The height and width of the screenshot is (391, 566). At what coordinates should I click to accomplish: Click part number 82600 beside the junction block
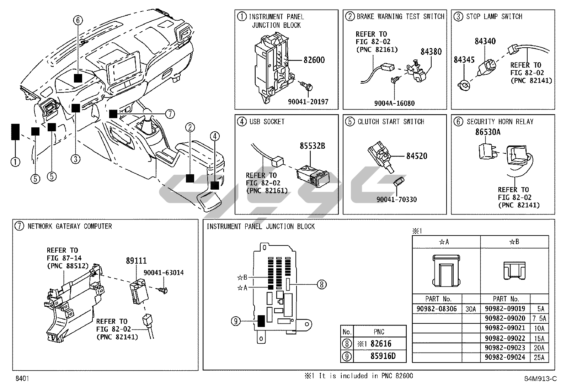click(x=314, y=60)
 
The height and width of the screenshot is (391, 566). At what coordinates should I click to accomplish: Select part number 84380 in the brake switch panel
click(x=431, y=52)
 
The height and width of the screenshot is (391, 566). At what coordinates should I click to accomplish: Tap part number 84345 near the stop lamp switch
click(x=464, y=60)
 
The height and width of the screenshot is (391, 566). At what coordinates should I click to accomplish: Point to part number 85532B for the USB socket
click(x=312, y=146)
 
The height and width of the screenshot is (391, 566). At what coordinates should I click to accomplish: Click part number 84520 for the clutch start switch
click(x=417, y=156)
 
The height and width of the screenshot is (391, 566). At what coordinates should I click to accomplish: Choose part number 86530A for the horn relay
click(x=488, y=132)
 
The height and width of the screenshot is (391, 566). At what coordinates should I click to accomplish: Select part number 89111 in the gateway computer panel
click(x=136, y=261)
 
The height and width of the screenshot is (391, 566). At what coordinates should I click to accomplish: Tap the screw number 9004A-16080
click(x=394, y=104)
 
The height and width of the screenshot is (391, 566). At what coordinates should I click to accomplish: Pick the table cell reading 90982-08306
click(x=437, y=309)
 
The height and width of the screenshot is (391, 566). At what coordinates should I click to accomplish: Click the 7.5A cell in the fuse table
click(x=539, y=318)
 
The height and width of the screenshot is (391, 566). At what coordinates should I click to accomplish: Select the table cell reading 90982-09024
click(x=505, y=357)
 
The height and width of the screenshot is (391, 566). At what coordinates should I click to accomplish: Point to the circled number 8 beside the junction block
click(x=321, y=284)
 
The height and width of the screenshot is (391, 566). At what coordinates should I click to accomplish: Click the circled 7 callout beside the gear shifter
click(x=170, y=114)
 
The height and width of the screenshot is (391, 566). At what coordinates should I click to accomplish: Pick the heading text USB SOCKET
click(x=267, y=122)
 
